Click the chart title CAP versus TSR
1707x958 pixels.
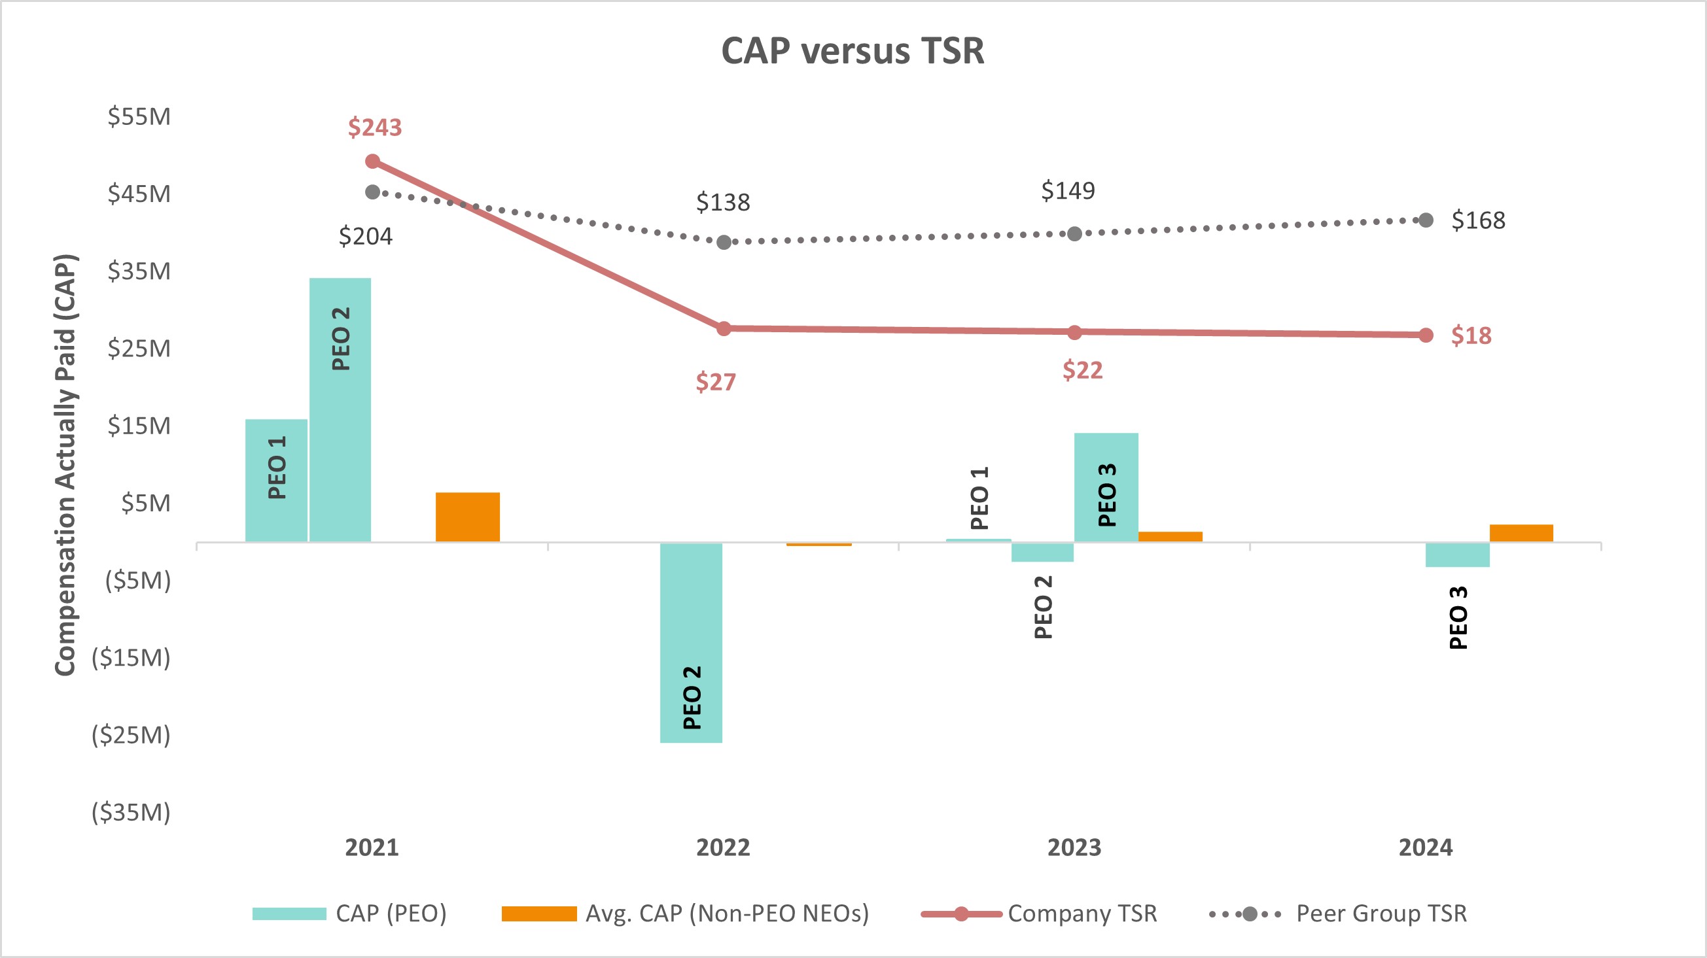pyautogui.click(x=852, y=50)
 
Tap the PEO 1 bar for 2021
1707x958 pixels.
pyautogui.click(x=276, y=481)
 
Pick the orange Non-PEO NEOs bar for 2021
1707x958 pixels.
pyautogui.click(x=467, y=517)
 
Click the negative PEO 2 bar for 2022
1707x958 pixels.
pyautogui.click(x=690, y=643)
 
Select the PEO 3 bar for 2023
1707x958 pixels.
pyautogui.click(x=1106, y=487)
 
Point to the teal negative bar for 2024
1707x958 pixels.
pyautogui.click(x=1457, y=555)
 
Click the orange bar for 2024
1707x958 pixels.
pyautogui.click(x=1521, y=533)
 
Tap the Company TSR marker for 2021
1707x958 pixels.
pyautogui.click(x=373, y=162)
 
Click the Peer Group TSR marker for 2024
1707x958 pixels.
pyautogui.click(x=1426, y=220)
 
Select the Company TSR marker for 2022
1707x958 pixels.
pyautogui.click(x=724, y=329)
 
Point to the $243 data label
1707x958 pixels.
pyautogui.click(x=374, y=128)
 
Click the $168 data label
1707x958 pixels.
pyautogui.click(x=1478, y=220)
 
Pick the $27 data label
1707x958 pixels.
pyautogui.click(x=715, y=383)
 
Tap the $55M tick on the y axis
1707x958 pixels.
pyautogui.click(x=139, y=116)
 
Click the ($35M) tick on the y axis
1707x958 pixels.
pyautogui.click(x=132, y=812)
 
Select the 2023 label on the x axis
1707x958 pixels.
pyautogui.click(x=1074, y=847)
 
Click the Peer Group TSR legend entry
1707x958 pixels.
pyautogui.click(x=1381, y=914)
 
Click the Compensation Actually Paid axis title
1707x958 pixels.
pyautogui.click(x=65, y=464)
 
